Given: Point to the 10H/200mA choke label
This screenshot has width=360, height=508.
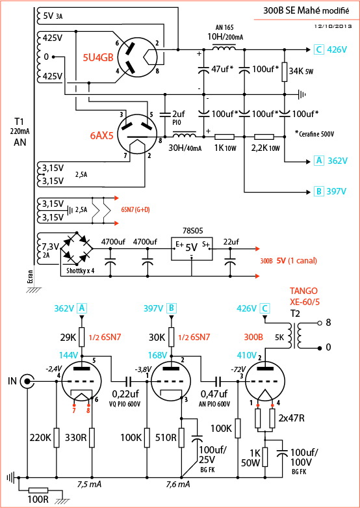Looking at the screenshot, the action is pos(225,36).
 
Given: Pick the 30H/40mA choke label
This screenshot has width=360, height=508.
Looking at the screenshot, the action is pos(185,149).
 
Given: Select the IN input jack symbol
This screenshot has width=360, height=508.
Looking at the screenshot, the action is pos(27,382).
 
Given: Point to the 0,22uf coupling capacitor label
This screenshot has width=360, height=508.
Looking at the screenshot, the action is pos(128,395).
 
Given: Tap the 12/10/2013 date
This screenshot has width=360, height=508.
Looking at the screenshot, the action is pos(333,27).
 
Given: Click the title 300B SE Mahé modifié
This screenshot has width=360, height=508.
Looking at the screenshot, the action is pos(306,10).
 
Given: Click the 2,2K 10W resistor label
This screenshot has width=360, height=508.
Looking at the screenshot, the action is pos(266,149).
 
